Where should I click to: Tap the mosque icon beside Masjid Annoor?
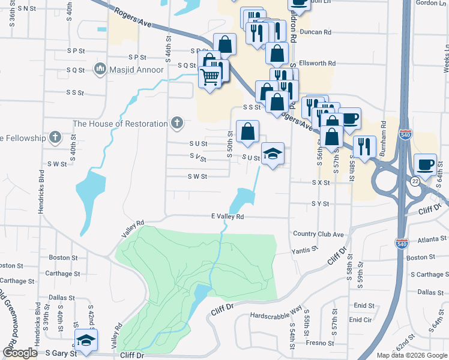point(100,70)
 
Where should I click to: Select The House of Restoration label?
point(120,124)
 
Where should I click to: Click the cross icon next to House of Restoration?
point(176,123)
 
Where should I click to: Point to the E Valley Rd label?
point(228,217)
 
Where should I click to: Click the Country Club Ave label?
point(318,234)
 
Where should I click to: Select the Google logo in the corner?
point(20,353)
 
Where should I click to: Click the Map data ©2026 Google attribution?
point(412,355)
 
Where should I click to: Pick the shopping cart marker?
point(209,77)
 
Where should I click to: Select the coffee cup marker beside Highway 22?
point(426,164)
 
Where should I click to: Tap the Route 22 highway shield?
point(415,181)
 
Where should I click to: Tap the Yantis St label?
point(304,250)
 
